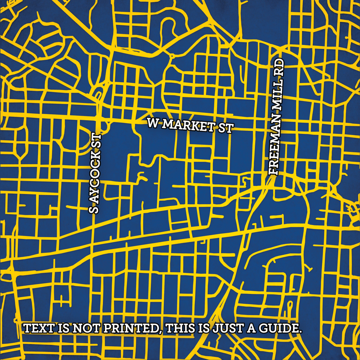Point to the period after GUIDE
coord(300,332)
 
